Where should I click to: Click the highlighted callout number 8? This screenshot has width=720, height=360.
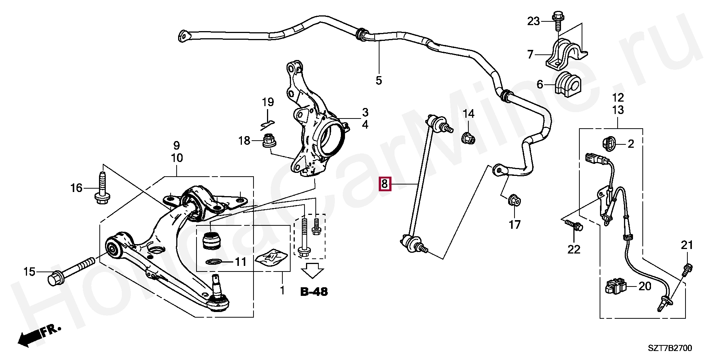coord(385,184)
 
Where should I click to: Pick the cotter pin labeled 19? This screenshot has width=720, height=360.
coord(267,123)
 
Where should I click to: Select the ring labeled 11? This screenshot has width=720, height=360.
coord(214,261)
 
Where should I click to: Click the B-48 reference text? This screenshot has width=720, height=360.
coord(314,291)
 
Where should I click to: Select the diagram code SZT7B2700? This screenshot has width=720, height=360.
coord(670,348)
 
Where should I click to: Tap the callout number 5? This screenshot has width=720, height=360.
coord(378,80)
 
